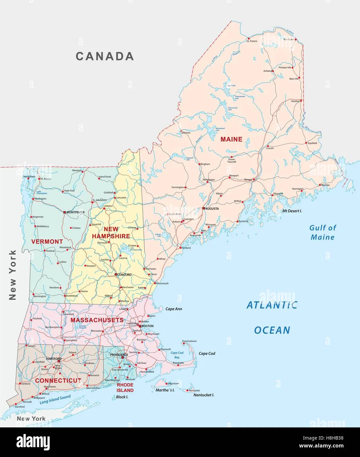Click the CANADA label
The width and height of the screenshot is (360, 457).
coord(105,56)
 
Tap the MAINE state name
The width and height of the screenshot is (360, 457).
coord(231,139)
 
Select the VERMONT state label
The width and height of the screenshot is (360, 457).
coord(47,242)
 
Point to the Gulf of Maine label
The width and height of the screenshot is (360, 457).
coord(322,232)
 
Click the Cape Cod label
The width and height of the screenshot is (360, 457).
coord(207,353)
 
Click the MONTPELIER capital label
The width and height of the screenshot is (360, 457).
coord(75,212)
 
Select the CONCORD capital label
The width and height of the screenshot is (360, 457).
coord(124,275)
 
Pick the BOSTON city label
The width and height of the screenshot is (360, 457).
coord(147,326)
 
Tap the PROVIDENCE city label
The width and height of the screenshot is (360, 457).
coord(119,355)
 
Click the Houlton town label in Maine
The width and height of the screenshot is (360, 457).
coord(296,101)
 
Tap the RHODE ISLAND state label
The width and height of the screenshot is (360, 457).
coord(125,387)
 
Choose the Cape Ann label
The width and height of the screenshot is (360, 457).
coord(174,309)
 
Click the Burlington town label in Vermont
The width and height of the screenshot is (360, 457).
coord(40,199)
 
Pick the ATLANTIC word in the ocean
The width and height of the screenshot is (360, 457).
coord(272,305)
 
